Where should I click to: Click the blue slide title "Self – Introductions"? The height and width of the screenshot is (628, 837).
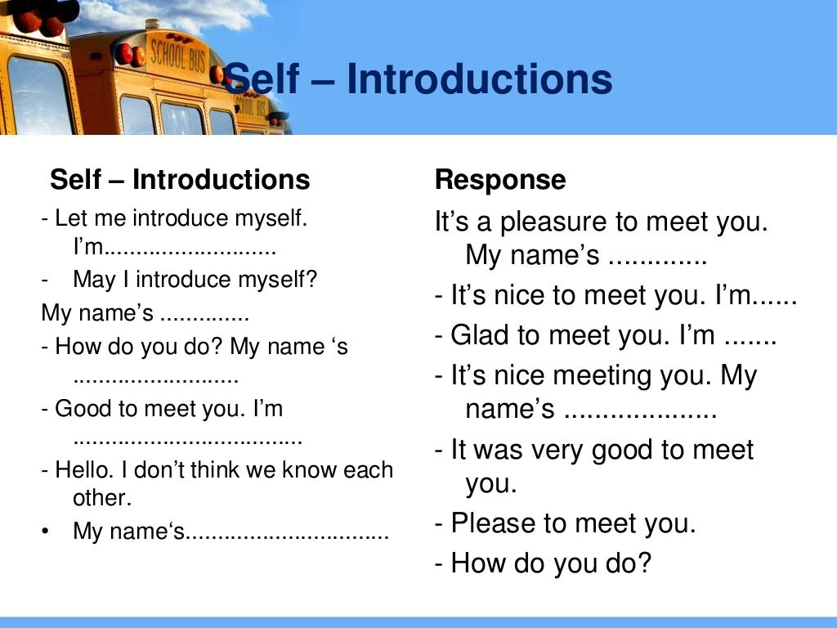418,80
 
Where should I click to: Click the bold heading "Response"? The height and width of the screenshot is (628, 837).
499,180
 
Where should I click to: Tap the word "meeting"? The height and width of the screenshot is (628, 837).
603,376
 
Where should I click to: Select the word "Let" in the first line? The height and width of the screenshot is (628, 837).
72,219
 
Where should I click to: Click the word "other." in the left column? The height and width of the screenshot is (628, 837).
102,498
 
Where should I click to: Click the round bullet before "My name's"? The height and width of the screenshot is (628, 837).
46,532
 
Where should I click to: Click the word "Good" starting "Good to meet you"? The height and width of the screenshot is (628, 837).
80,409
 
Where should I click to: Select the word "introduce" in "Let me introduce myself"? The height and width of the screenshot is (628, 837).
181,219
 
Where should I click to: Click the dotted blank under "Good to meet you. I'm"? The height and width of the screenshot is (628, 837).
187,441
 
